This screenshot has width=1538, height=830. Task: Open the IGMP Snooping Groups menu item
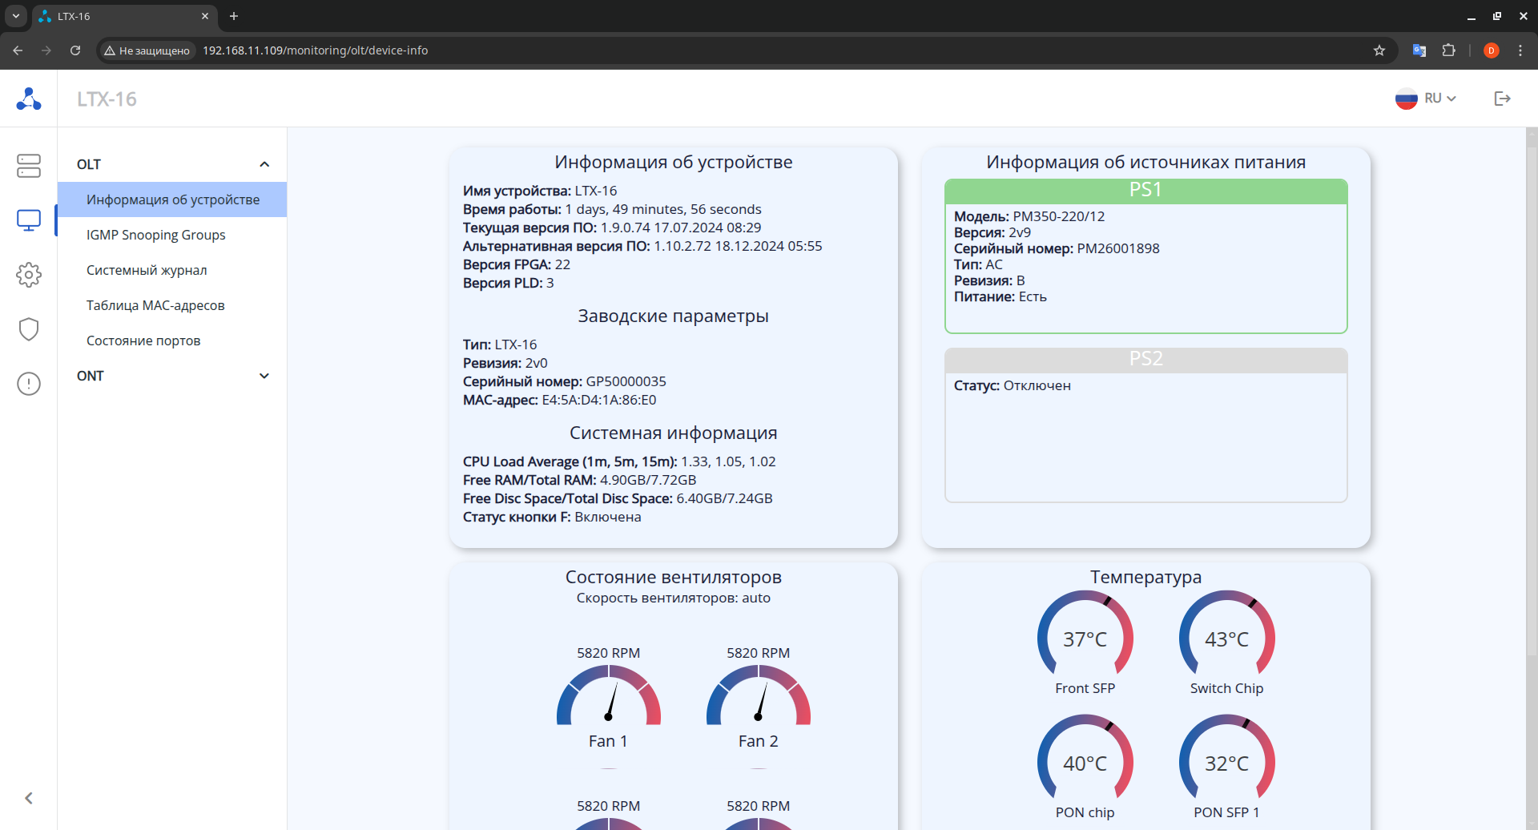coord(155,235)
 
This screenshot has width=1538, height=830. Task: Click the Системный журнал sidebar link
coord(147,270)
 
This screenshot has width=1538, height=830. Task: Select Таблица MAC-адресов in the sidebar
coord(155,305)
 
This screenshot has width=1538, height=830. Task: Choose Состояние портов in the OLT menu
coord(143,340)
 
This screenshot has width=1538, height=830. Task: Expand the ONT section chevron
coord(264,376)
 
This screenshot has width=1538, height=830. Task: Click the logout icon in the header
coord(1502,99)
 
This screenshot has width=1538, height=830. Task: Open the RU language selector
coord(1426,99)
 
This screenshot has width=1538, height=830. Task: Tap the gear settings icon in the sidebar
coord(29,275)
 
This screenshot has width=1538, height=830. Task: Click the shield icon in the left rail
coord(29,329)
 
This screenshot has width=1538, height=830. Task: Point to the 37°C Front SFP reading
coord(1085,639)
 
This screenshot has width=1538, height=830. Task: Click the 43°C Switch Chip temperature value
coord(1226,639)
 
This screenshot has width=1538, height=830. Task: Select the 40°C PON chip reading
coord(1085,764)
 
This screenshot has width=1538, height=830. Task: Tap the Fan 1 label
coord(608,741)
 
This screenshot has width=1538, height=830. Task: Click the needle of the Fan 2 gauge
coord(762,701)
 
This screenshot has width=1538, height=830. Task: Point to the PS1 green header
coord(1145,191)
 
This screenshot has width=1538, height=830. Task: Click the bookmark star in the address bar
coord(1379,50)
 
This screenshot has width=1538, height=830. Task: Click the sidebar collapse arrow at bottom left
coord(29,798)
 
